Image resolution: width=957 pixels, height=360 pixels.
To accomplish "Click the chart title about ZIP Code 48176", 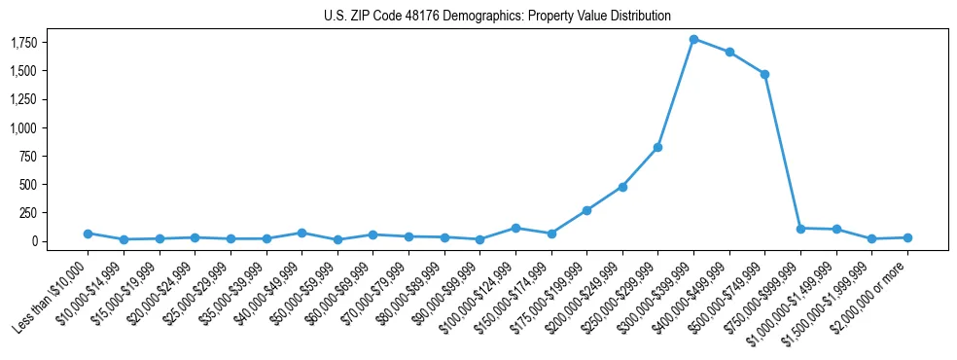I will (x=497, y=17).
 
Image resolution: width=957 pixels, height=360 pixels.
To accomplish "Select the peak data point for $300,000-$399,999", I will (x=693, y=39).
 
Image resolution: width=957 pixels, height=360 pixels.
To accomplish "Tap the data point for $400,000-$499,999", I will (x=729, y=52).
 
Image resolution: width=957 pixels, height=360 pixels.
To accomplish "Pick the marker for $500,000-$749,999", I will (x=765, y=74).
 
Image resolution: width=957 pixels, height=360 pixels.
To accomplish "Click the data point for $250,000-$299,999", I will (x=658, y=147).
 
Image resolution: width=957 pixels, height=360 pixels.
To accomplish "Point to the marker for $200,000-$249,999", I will (x=622, y=187).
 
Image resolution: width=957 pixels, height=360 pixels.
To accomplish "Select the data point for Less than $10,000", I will (x=88, y=234).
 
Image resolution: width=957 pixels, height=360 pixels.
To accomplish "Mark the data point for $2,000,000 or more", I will (x=907, y=237).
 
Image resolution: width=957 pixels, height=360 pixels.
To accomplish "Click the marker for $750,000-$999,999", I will (x=800, y=229).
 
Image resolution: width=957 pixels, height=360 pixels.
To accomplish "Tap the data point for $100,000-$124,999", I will (x=515, y=228).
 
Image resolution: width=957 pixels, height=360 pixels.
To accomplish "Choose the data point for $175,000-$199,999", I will (x=586, y=210).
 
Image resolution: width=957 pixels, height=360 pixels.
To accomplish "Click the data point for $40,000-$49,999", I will (x=301, y=233).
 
